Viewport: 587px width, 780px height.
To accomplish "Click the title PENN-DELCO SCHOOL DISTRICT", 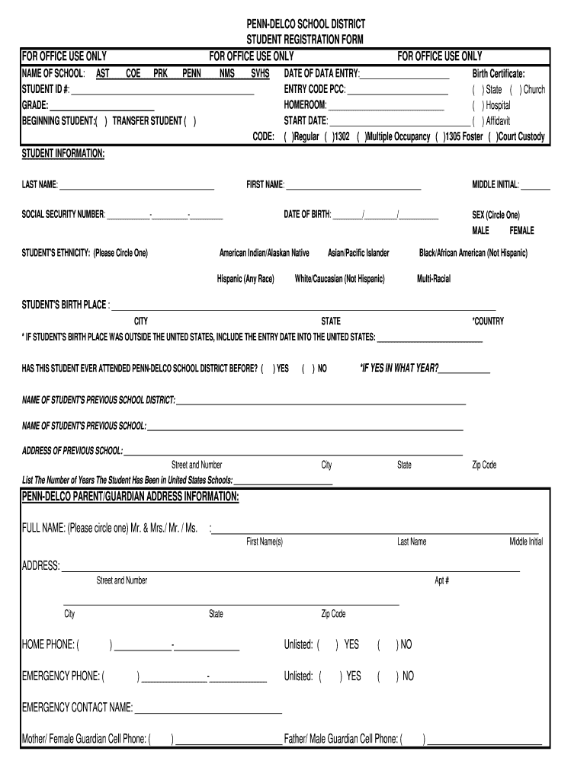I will tap(305, 24).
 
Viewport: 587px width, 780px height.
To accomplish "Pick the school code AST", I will tap(102, 74).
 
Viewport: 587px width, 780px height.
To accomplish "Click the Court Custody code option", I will tap(521, 137).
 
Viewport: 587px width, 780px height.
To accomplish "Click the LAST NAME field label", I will tap(39, 185).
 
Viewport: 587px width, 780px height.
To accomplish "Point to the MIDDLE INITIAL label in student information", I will tap(496, 185).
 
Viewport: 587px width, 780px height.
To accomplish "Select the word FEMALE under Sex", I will tap(521, 231).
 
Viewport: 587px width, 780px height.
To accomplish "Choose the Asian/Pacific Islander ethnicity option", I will tap(358, 253).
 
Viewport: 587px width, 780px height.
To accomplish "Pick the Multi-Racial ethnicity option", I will tap(433, 279).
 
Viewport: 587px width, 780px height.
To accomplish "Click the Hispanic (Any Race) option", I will tap(245, 279).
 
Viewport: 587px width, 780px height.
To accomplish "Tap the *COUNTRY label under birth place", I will tap(488, 321).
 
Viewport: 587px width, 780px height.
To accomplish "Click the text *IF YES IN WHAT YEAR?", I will tap(399, 368).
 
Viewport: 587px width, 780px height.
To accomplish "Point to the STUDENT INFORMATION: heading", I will tap(63, 154).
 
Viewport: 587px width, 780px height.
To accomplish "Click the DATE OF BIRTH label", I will tap(307, 215).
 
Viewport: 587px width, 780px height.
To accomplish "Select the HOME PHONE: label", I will tap(48, 644).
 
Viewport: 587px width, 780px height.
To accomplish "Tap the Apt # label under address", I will tap(441, 580).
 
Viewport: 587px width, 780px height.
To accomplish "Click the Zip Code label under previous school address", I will tap(484, 465).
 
